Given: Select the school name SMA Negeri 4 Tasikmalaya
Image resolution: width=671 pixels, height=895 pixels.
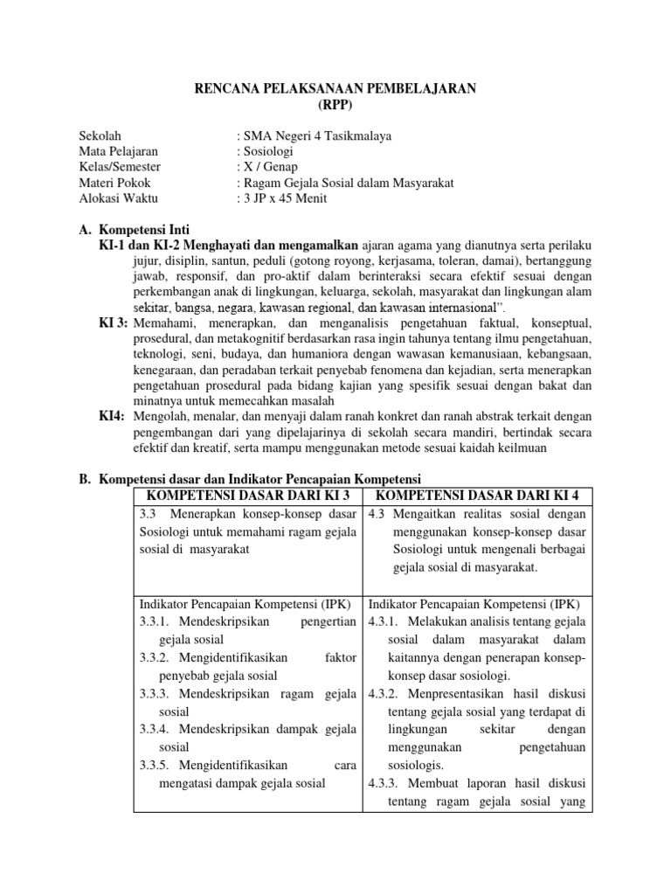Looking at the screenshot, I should (x=317, y=135).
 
